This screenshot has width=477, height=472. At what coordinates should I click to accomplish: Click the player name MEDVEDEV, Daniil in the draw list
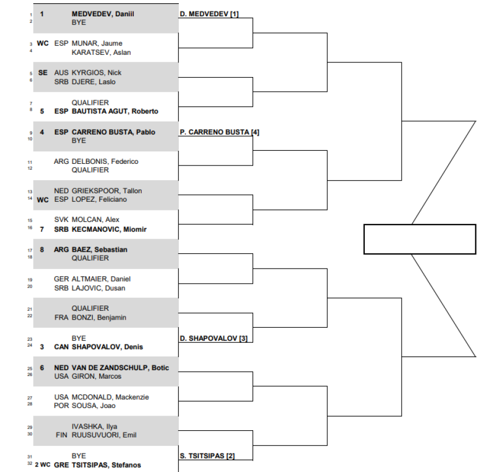[x=102, y=14]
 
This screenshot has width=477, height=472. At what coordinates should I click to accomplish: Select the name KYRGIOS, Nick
[x=96, y=73]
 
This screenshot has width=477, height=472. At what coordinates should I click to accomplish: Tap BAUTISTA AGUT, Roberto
[x=115, y=111]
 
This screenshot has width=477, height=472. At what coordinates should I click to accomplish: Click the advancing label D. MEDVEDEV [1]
[x=209, y=14]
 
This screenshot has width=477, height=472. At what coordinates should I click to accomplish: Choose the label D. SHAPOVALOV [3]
[x=214, y=338]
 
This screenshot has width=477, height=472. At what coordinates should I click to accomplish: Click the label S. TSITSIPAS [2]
[x=208, y=456]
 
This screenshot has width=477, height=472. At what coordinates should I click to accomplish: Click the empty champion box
[x=419, y=239]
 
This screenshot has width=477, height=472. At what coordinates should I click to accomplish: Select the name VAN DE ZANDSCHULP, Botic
[x=120, y=367]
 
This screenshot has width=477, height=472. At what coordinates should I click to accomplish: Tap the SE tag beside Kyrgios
[x=43, y=73]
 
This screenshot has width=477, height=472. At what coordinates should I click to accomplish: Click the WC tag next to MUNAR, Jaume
[x=43, y=43]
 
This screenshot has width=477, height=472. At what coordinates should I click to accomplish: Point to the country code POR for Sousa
[x=61, y=405]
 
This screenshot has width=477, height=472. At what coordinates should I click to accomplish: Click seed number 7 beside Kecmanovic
[x=42, y=229]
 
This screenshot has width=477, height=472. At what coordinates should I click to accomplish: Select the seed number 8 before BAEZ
[x=42, y=250]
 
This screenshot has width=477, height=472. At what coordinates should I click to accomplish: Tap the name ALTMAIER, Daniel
[x=101, y=279]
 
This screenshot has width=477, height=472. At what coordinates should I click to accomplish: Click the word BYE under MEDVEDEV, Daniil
[x=79, y=23]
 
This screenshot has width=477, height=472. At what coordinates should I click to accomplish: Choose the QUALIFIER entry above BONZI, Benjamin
[x=90, y=308]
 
